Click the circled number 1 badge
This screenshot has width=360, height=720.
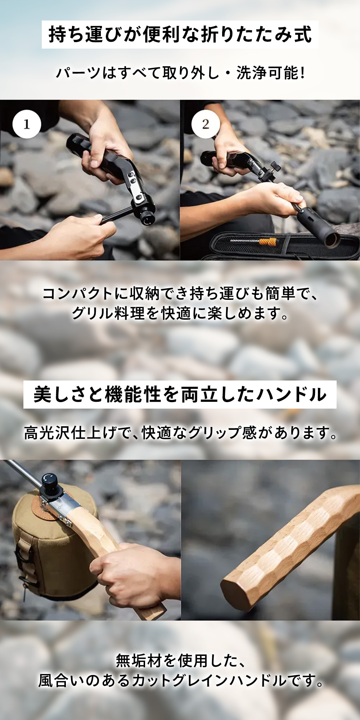pos(26,124)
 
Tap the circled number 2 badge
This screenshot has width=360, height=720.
pos(205,124)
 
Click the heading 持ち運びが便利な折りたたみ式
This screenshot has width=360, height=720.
pos(180,35)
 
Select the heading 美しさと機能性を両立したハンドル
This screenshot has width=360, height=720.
pos(180,394)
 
